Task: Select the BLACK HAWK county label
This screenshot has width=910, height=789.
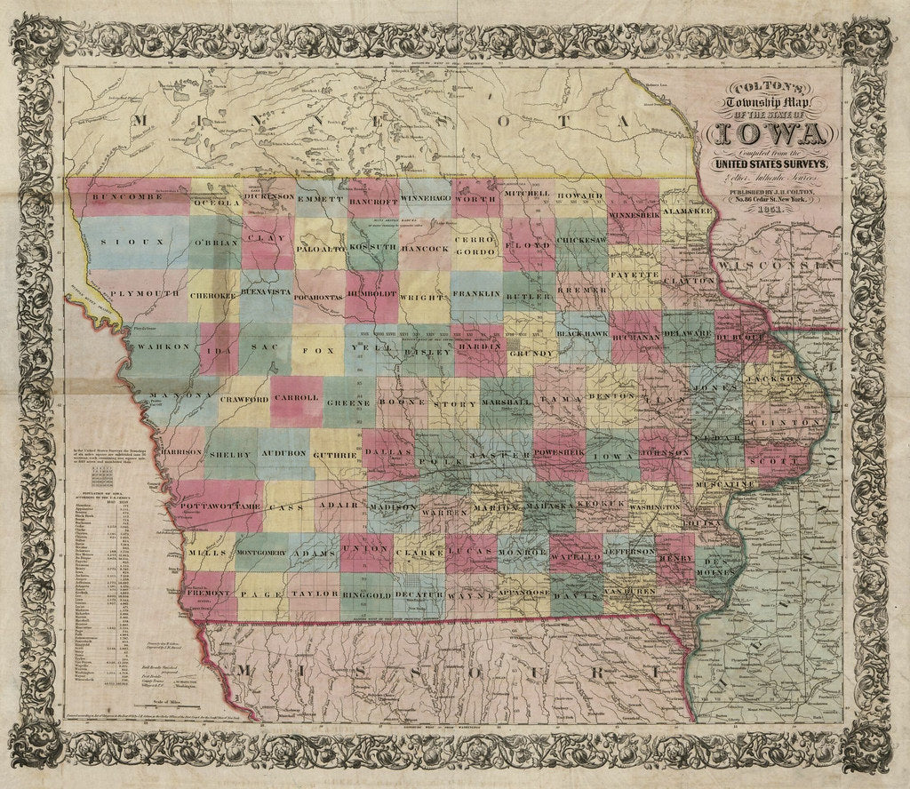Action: tap(583, 333)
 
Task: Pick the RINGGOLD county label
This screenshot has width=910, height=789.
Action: tap(366, 592)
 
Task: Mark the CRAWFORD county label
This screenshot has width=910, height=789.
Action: tap(244, 400)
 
